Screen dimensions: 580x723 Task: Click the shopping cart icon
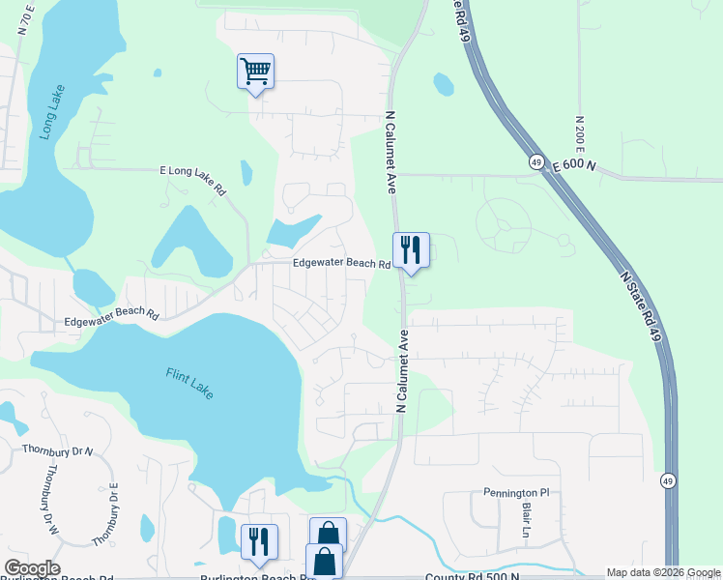click(x=255, y=72)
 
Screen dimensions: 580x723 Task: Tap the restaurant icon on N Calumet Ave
click(x=411, y=250)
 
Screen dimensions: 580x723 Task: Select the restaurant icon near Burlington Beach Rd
click(x=258, y=541)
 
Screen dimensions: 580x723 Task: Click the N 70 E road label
click(x=26, y=18)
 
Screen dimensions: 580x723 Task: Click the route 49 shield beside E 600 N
click(x=535, y=162)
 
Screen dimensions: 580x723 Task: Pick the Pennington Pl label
click(x=515, y=493)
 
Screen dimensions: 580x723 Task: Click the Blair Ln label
click(x=528, y=520)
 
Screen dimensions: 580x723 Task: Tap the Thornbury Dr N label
click(x=58, y=450)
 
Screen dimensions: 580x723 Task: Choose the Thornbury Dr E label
click(x=105, y=512)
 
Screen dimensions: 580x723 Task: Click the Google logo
click(x=32, y=568)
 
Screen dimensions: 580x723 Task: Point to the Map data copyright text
click(x=662, y=573)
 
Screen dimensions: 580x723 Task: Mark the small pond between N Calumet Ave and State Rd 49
click(x=443, y=85)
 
